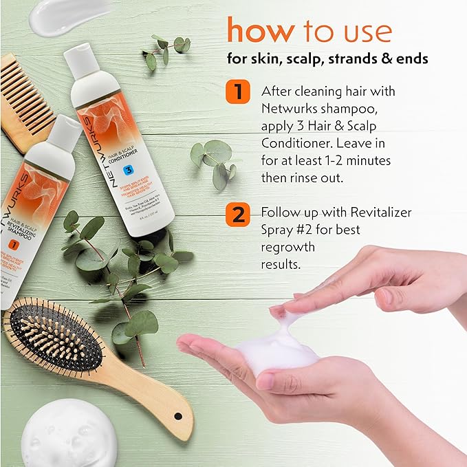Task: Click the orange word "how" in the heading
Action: click(x=260, y=32)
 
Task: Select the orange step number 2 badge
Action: click(x=237, y=213)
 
